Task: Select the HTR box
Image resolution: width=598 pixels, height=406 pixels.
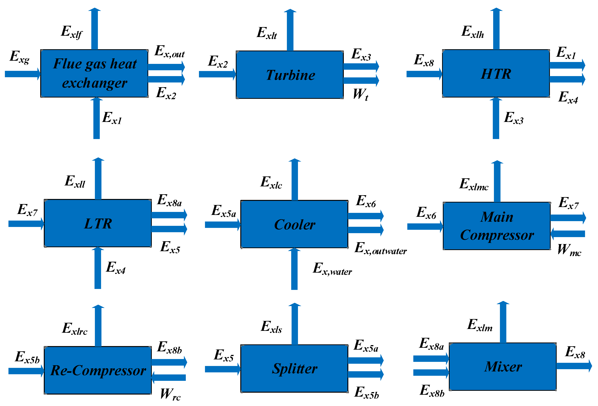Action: click(x=496, y=74)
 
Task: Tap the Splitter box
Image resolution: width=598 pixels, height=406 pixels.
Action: click(x=294, y=368)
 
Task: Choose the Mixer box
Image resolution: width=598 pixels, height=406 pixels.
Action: click(x=503, y=366)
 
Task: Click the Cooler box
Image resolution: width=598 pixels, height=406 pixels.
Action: click(x=294, y=224)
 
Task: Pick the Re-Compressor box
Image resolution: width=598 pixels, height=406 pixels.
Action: click(x=98, y=370)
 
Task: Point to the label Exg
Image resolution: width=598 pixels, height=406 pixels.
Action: click(x=20, y=57)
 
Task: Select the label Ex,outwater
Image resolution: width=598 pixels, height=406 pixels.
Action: click(x=380, y=249)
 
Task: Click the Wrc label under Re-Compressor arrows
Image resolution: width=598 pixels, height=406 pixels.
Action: click(x=170, y=394)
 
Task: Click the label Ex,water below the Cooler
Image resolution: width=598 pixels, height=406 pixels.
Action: click(x=332, y=269)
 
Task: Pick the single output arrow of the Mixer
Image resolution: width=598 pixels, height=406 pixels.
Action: click(x=574, y=366)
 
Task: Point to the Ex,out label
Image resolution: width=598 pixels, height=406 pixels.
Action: click(x=169, y=52)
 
